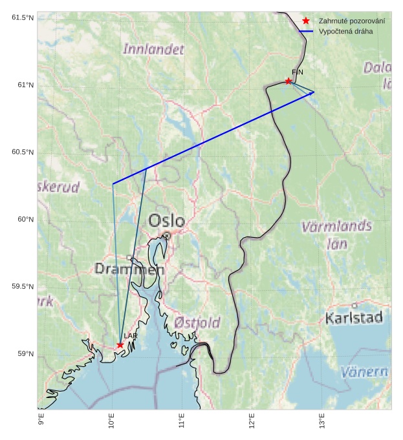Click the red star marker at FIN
pos(288,81)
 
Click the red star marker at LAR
pos(120,345)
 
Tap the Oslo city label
pos(166,221)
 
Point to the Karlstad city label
pos(354,318)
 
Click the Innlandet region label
pos(153,49)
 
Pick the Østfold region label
pos(197,322)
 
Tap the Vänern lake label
pos(364,372)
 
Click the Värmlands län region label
pos(336,235)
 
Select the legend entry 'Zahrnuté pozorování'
pos(351,21)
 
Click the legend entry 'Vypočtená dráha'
pos(345,31)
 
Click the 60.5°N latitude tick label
pos(23,152)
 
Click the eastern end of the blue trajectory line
pos(314,92)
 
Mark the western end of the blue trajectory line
pos(113,184)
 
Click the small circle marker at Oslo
pos(166,236)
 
